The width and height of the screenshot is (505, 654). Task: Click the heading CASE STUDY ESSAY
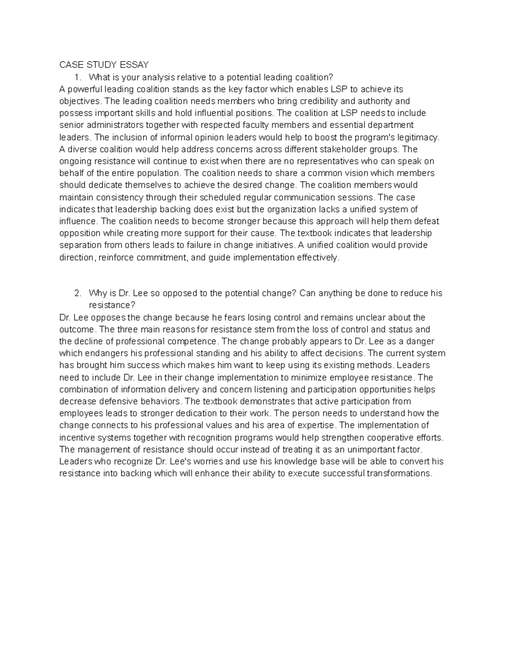click(104, 65)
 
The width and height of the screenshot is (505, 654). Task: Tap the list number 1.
click(77, 77)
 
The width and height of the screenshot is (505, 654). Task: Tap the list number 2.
click(77, 293)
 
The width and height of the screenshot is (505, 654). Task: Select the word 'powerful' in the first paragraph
click(84, 89)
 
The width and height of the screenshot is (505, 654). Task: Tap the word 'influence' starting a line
click(77, 221)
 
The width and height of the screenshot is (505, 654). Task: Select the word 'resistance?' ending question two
click(112, 305)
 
